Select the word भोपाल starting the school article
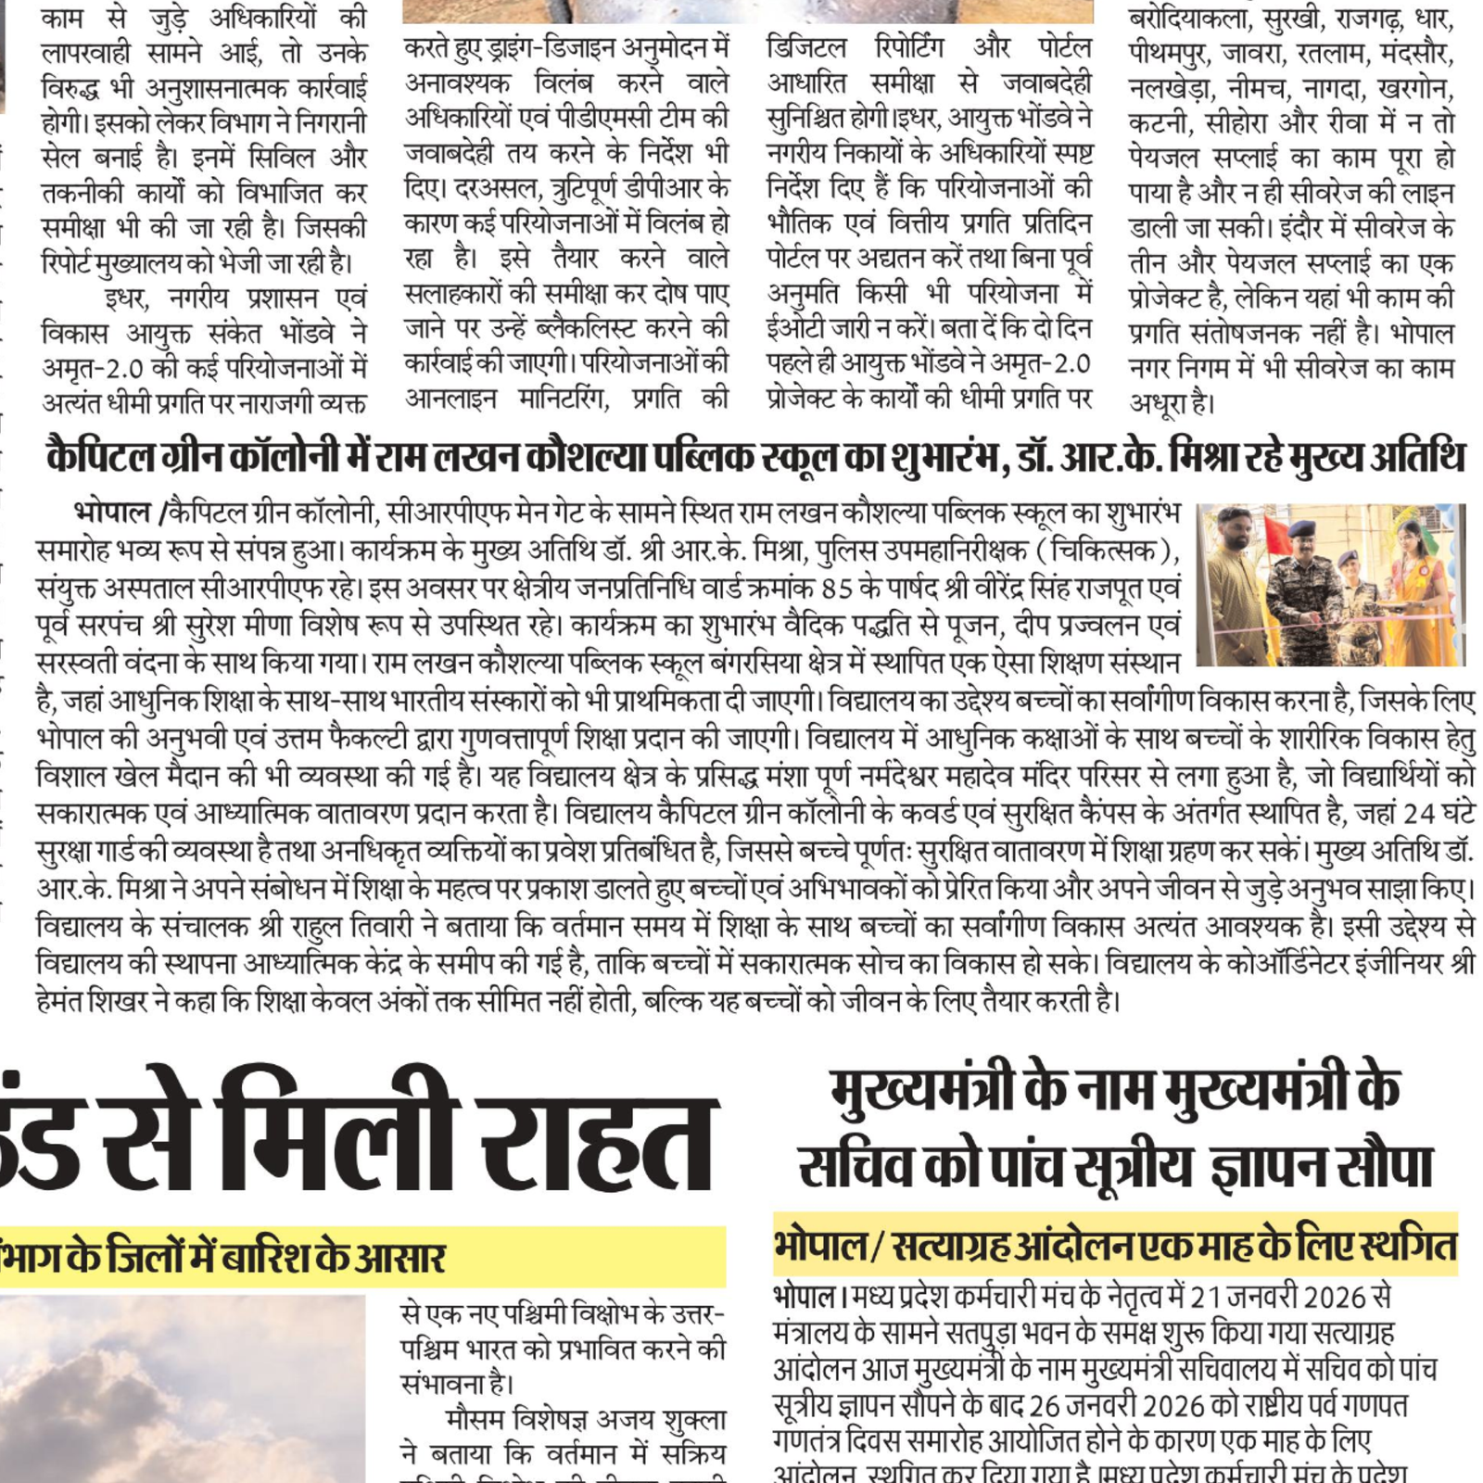point(112,513)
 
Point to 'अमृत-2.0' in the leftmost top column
point(92,368)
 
